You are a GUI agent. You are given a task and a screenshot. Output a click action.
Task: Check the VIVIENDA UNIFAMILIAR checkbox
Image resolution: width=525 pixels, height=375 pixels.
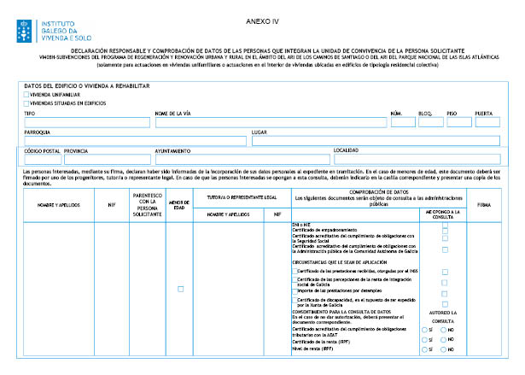26,94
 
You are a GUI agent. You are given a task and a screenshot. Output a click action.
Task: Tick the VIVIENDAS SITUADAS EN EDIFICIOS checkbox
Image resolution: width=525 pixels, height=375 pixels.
26,102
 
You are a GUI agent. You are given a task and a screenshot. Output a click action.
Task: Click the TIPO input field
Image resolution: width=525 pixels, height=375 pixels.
85,122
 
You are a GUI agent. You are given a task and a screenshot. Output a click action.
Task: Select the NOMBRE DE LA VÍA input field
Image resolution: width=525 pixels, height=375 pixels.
268,122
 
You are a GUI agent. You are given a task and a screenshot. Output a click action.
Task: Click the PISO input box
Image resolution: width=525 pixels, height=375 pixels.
458,122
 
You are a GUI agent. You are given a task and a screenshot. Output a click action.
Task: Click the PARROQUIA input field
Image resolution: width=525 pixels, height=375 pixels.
135,141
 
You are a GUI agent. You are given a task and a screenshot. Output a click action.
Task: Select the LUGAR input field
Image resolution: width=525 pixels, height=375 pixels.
375,141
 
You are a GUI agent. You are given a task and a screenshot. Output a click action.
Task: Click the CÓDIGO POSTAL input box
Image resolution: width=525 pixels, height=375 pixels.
43,159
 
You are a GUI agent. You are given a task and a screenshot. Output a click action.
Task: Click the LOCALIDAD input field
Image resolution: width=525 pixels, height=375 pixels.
417,159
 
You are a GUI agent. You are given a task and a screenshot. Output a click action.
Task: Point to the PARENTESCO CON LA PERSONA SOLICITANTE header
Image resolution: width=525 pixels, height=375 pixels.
147,206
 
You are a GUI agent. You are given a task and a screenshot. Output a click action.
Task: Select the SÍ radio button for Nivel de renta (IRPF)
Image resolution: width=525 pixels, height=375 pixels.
425,349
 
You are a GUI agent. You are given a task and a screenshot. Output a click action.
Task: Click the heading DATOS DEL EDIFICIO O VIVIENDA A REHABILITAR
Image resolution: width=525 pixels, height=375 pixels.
88,86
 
